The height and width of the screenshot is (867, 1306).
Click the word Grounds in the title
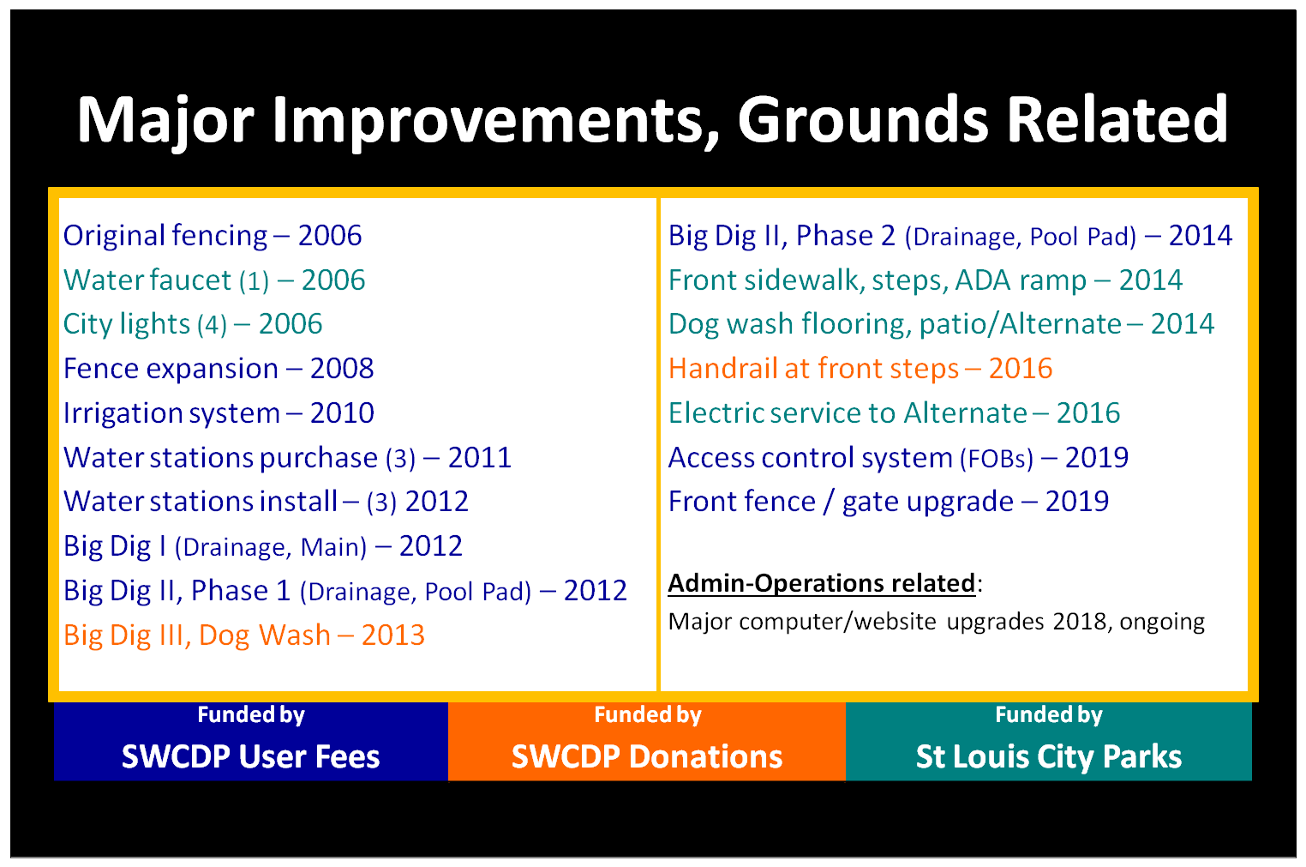point(863,119)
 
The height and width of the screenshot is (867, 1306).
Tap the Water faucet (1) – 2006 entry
point(214,280)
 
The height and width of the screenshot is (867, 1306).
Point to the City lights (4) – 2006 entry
point(193,324)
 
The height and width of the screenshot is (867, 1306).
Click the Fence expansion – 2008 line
point(218,369)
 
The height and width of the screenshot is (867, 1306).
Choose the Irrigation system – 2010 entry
point(218,413)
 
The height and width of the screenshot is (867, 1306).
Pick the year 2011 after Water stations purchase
point(479,458)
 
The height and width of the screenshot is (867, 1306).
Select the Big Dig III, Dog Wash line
point(243,635)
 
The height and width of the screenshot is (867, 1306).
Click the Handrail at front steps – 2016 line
point(860,369)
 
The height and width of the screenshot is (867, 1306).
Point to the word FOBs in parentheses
point(997,459)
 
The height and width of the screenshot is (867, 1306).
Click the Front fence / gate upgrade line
point(888,503)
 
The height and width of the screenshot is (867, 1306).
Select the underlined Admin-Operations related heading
point(822,583)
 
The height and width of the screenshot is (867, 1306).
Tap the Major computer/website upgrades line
point(937,622)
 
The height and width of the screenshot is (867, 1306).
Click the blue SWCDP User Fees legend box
point(251,742)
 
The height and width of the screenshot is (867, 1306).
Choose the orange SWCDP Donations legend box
point(647,742)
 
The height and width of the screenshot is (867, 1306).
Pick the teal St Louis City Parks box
point(1048,742)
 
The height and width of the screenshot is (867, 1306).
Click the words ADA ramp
point(1021,280)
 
